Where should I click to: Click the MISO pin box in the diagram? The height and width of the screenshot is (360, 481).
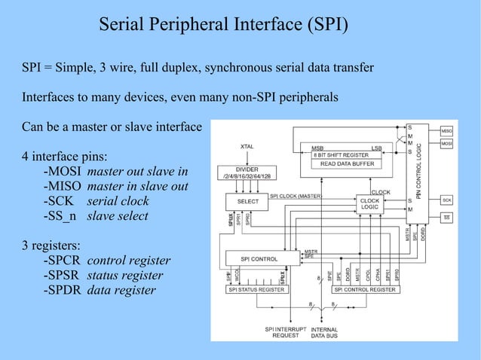coord(446,130)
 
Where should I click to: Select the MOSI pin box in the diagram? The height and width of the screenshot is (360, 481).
coord(446,142)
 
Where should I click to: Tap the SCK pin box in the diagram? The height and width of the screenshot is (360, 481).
coord(446,200)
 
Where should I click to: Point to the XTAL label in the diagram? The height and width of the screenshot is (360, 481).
coord(247,146)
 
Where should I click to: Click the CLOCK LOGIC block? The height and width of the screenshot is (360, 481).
coord(369,204)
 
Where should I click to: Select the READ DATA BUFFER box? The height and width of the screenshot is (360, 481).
coord(344,163)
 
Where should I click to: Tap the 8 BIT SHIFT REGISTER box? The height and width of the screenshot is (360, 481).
coord(344,154)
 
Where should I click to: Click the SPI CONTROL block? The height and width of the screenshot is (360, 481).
coord(259,258)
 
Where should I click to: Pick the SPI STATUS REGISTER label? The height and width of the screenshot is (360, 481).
coord(257,289)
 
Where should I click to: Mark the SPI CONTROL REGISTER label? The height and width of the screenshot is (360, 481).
coord(364,289)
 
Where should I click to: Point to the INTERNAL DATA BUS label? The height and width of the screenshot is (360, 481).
coord(325,333)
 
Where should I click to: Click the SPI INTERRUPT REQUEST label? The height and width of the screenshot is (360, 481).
coord(280,333)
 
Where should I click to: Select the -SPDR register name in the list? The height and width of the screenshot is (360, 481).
coord(57,290)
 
